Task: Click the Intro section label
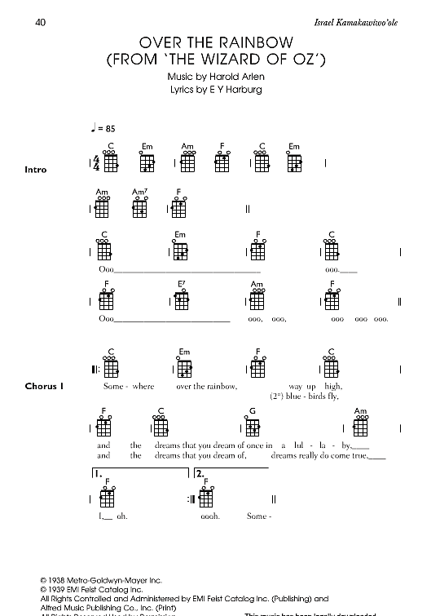[37, 169]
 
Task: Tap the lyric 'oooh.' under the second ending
[210, 516]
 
